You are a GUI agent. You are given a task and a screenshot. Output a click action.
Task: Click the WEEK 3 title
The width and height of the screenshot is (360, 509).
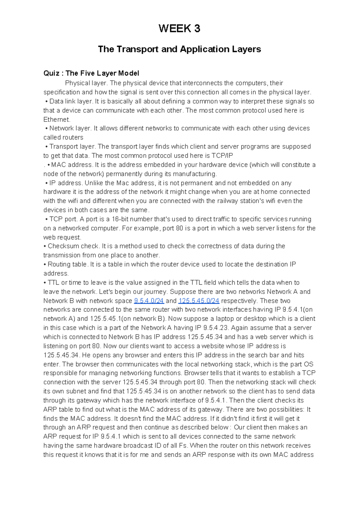point(179,29)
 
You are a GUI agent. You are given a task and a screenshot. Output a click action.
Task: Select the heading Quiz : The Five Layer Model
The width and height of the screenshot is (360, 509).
point(91,73)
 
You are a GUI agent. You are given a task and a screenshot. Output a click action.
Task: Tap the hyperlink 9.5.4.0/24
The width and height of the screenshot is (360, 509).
point(149,301)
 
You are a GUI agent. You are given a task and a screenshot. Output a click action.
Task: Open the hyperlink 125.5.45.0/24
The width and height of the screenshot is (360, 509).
point(199,301)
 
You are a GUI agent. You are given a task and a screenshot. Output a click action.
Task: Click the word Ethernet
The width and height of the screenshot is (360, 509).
point(56,119)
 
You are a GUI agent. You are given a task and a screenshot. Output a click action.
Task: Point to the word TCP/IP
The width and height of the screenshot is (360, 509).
point(222,156)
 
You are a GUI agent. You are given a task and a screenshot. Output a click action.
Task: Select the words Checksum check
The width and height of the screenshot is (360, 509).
point(73,246)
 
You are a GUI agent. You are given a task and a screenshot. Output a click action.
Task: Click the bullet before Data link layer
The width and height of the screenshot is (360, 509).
point(46,101)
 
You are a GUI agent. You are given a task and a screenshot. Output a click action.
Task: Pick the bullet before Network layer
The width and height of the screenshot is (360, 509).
point(46,128)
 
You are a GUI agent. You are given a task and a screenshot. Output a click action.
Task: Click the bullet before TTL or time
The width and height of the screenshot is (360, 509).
point(45,283)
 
